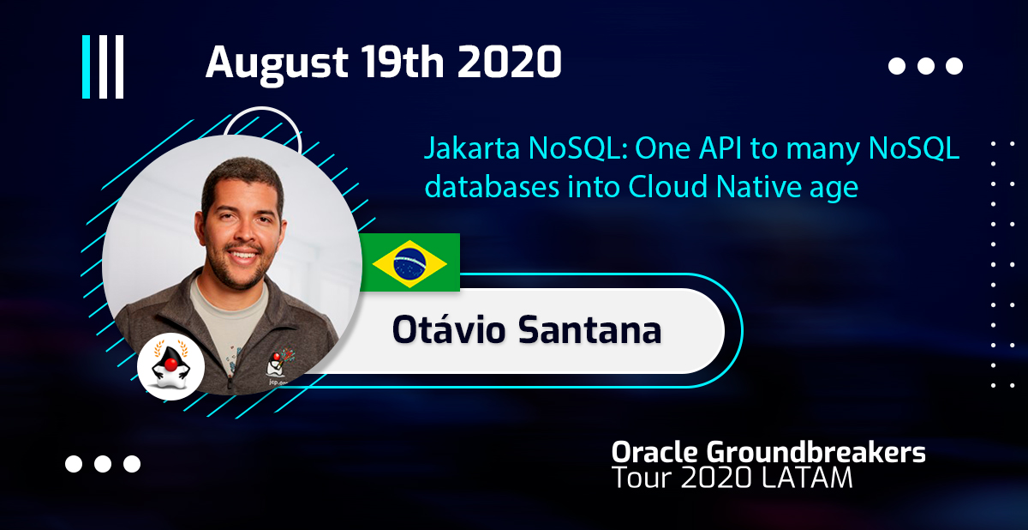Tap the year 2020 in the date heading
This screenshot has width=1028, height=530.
coord(510,62)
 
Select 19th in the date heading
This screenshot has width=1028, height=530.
coord(402,62)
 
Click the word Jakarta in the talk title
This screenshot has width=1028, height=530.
coord(472,149)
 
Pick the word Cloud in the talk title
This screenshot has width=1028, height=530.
coord(667,186)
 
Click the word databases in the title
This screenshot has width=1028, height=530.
coord(492,186)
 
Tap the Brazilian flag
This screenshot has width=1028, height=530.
coord(409,262)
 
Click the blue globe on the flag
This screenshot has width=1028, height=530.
coord(409,263)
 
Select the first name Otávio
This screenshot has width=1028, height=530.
coord(449,329)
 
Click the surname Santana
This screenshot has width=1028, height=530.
coord(590,330)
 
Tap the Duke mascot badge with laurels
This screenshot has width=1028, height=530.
coord(170,366)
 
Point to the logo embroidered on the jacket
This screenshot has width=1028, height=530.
coord(279,366)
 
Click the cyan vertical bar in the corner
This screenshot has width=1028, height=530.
coord(86,67)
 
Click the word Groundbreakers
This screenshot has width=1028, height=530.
coord(816,452)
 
